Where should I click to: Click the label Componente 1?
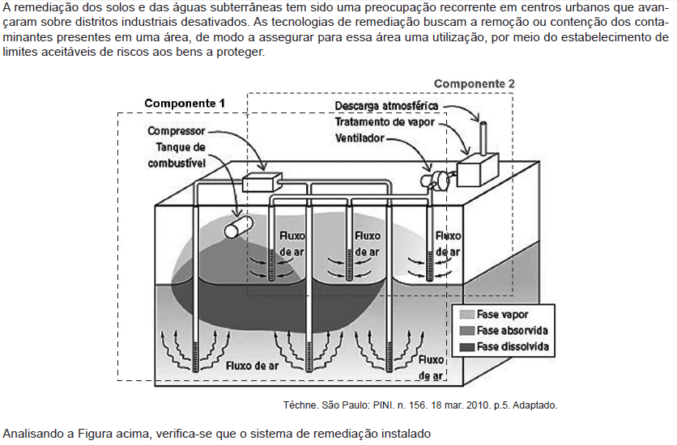[x=185, y=104]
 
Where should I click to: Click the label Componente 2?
[x=474, y=83]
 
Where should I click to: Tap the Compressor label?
[x=177, y=131]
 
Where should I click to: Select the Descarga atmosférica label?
[x=386, y=106]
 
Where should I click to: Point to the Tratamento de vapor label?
[x=385, y=122]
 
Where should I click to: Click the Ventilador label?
[x=360, y=138]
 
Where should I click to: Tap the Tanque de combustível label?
[x=177, y=155]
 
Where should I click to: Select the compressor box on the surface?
[x=262, y=183]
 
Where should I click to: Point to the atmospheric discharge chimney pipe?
[x=483, y=137]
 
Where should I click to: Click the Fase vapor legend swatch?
[x=467, y=315]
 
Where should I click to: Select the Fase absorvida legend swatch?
[x=467, y=331]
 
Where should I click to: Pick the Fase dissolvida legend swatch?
[x=467, y=347]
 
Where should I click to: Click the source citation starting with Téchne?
[x=420, y=405]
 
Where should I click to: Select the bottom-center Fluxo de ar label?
[x=252, y=366]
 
